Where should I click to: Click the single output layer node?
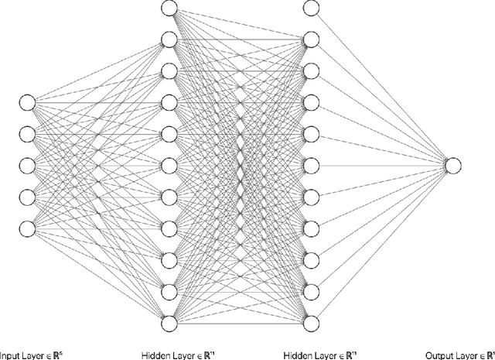[453, 164]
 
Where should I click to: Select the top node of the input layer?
[28, 102]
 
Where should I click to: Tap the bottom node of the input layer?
[28, 228]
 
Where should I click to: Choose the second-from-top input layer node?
[28, 133]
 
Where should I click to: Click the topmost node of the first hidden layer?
[169, 8]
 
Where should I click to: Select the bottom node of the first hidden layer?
[169, 321]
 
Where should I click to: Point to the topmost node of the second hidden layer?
[311, 8]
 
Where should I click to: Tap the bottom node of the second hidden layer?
[311, 321]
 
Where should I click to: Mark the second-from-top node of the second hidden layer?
[311, 39]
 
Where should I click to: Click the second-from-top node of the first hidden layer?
[169, 39]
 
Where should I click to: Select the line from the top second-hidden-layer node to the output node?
[382, 86]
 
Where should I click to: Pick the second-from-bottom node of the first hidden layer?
[169, 290]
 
